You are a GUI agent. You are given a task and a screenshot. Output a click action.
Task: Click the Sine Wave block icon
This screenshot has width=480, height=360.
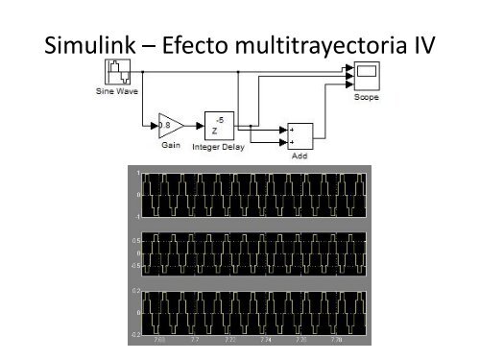[118, 73]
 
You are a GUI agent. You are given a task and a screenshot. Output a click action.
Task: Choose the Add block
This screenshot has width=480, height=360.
[298, 135]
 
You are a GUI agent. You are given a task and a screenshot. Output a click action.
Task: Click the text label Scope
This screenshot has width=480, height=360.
[367, 96]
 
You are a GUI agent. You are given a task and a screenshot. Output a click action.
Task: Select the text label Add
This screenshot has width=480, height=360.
[298, 154]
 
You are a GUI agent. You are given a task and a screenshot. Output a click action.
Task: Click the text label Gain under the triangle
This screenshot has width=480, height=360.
[174, 145]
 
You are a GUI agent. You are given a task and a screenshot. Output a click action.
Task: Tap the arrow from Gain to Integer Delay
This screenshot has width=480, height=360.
[196, 125]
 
